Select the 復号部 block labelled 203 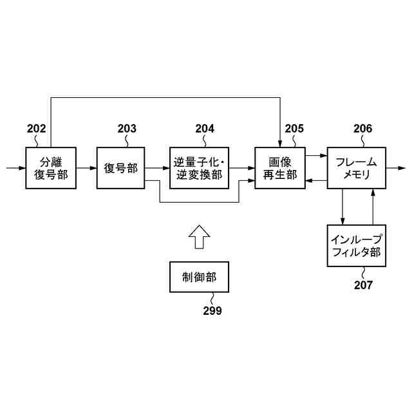[x=121, y=167]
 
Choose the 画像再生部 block [x=279, y=167]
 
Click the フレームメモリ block [x=356, y=167]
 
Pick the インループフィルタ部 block [x=356, y=246]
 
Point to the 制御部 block [x=198, y=279]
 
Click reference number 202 [x=37, y=129]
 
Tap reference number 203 [x=127, y=129]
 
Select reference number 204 [x=205, y=129]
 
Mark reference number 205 [x=294, y=129]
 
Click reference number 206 [x=362, y=129]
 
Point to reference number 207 [x=362, y=285]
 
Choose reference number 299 [x=212, y=311]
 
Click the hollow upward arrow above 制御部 [x=199, y=236]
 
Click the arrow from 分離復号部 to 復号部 [x=85, y=168]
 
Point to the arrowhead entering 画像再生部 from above [x=279, y=143]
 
